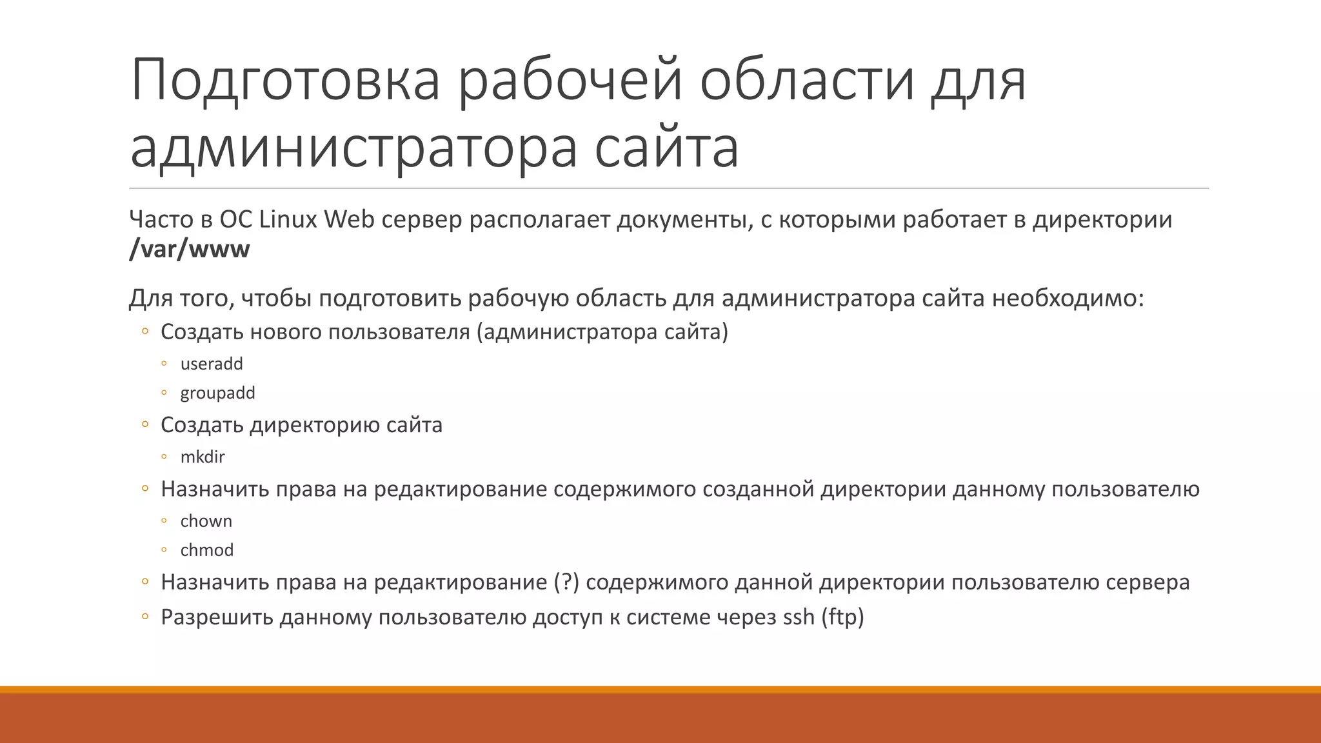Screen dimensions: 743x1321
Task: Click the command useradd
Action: tap(212, 364)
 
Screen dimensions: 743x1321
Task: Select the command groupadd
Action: tap(217, 393)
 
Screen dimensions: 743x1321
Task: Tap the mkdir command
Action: tap(203, 457)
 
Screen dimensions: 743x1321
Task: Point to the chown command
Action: tap(206, 521)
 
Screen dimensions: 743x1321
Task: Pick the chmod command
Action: tap(206, 550)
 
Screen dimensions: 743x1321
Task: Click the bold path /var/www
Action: tap(189, 249)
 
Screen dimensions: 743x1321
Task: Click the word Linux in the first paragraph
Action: tap(288, 220)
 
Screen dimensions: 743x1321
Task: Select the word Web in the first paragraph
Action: tap(349, 220)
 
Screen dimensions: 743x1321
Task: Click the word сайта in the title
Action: tap(666, 148)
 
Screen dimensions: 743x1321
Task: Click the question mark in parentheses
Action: tap(566, 582)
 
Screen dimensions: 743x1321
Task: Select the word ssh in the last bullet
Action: tap(799, 617)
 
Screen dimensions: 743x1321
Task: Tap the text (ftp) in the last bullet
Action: tap(842, 617)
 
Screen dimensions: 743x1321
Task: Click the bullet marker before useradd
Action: tap(164, 364)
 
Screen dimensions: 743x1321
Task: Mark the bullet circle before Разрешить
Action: tap(145, 617)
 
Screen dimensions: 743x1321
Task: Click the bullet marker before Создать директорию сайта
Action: tap(145, 424)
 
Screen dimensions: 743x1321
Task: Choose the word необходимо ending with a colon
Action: tap(1068, 299)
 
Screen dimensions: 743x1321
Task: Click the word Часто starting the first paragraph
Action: tap(161, 220)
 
